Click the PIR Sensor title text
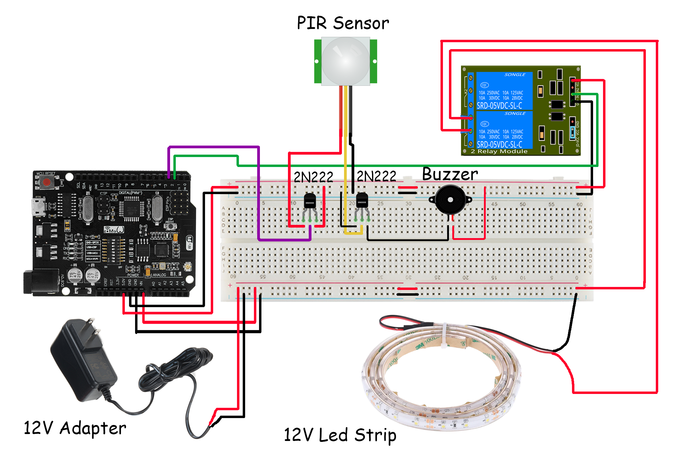343,23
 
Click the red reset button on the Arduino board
47,182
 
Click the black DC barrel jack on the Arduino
41,282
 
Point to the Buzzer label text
450,174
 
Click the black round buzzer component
450,200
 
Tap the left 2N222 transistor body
310,201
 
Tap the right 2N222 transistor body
362,200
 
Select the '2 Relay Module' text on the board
499,151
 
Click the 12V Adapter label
75,428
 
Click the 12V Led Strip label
340,435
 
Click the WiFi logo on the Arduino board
189,243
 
